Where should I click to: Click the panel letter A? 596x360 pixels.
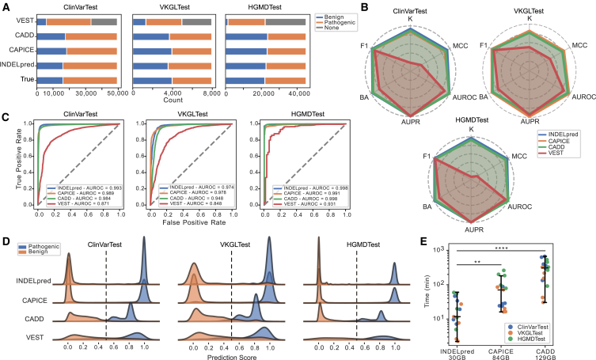pyautogui.click(x=6, y=7)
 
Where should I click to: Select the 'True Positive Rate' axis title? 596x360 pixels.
pyautogui.click(x=9, y=162)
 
